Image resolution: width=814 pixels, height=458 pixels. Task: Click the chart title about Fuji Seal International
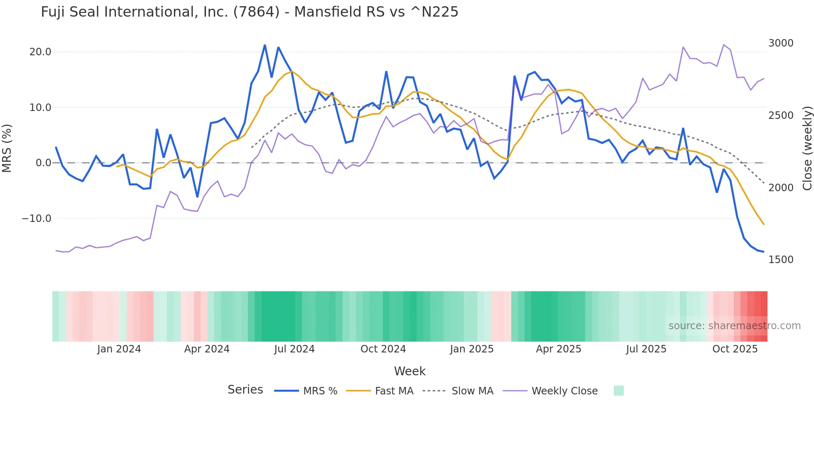tap(249, 12)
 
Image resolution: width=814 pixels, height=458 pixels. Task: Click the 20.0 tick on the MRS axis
tap(40, 52)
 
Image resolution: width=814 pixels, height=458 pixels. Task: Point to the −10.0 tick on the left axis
tap(37, 219)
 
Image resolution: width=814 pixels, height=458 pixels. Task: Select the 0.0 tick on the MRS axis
tap(43, 163)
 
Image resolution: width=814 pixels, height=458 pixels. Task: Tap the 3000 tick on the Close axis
tap(781, 43)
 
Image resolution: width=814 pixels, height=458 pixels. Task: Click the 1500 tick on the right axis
tap(781, 260)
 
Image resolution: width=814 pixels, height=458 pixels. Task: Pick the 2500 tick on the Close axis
tap(781, 116)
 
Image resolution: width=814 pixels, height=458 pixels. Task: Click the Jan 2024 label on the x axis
tap(119, 349)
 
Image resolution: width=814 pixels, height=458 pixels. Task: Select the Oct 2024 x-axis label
tap(383, 349)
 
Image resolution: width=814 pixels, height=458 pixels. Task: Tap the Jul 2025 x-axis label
tap(646, 349)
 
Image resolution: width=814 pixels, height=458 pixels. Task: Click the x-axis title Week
tap(409, 371)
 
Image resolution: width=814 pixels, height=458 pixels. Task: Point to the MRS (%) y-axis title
tap(7, 148)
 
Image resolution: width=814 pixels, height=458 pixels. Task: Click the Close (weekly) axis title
tap(807, 148)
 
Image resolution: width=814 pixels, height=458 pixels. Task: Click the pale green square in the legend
tap(618, 391)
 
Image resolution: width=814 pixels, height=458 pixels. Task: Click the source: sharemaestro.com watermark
tap(734, 326)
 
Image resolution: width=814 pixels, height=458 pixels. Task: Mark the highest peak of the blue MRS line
tap(265, 45)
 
